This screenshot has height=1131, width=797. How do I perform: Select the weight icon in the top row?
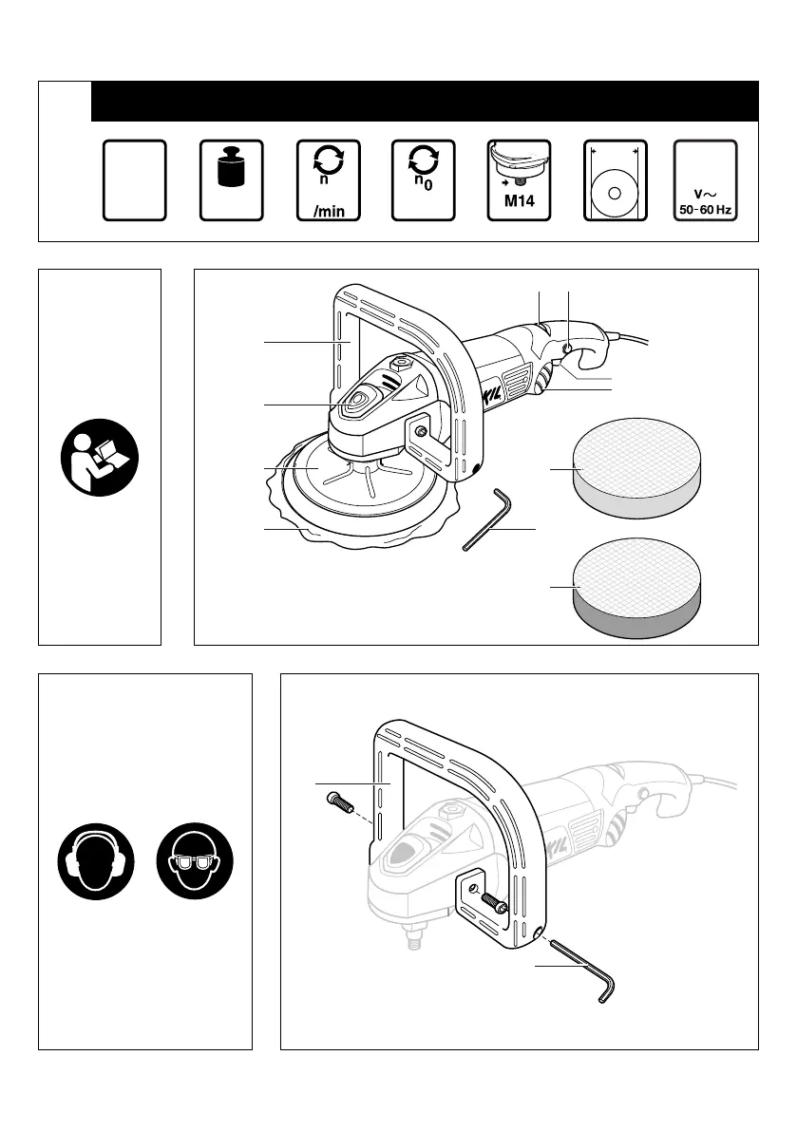231,171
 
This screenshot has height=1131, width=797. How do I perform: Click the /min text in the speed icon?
328,210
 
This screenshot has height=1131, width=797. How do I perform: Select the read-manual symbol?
100,457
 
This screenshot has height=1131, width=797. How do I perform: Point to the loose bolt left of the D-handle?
338,800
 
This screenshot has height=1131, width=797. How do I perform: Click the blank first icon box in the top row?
135,180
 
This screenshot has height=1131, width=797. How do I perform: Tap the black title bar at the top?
424,101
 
